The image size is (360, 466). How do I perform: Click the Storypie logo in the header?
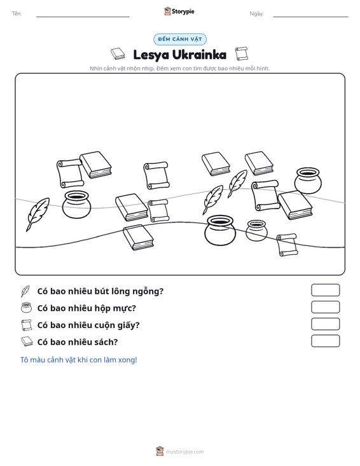click(179, 11)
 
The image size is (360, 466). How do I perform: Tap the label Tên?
click(17, 14)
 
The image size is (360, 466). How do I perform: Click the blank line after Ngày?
click(310, 17)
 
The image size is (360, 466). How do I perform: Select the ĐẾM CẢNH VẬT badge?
click(180, 39)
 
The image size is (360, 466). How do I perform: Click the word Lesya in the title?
click(151, 55)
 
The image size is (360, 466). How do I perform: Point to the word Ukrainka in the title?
click(199, 55)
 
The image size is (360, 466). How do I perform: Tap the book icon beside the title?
click(118, 54)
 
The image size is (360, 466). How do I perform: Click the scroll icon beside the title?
click(242, 53)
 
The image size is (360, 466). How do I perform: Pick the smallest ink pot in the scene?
click(256, 230)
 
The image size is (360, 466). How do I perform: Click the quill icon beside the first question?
click(25, 291)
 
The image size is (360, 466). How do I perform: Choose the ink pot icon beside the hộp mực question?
click(26, 308)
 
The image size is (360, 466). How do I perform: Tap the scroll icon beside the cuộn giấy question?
click(26, 325)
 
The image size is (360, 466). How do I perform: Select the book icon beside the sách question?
click(27, 341)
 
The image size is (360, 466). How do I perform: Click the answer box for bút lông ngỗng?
click(325, 290)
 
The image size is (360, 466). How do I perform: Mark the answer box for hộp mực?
click(325, 307)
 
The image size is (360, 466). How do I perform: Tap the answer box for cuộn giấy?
click(325, 324)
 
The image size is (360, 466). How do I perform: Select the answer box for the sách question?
click(325, 341)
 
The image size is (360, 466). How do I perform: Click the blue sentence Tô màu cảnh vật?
click(78, 360)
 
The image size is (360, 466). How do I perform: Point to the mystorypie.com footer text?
click(185, 452)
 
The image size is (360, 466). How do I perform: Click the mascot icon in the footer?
click(160, 451)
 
